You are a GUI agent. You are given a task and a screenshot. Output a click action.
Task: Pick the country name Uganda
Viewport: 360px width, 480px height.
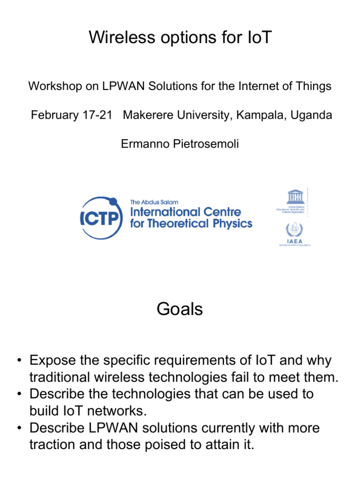point(311,115)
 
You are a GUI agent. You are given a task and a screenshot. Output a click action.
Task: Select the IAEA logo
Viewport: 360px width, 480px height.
point(292,233)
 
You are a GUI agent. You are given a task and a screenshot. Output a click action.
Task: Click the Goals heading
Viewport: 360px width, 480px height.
point(180,309)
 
